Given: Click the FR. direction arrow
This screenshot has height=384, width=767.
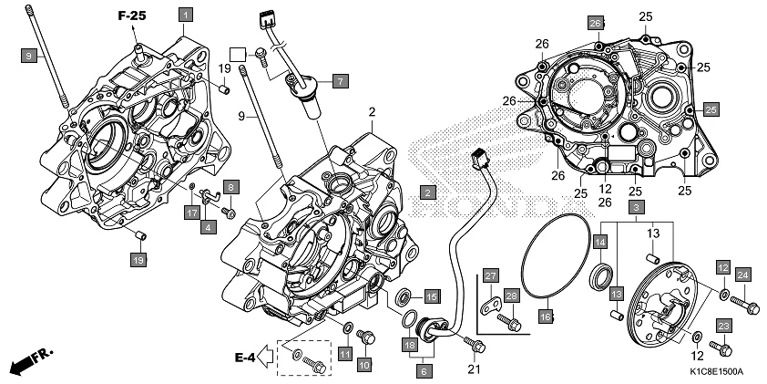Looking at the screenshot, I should (31, 361).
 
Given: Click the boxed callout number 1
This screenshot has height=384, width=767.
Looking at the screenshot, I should (185, 15).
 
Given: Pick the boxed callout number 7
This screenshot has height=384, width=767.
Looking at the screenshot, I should (339, 81).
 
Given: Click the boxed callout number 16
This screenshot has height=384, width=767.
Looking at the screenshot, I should (545, 317).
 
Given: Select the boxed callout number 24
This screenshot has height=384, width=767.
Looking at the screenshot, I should (742, 275).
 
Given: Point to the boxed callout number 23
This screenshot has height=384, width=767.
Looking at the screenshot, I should (723, 326).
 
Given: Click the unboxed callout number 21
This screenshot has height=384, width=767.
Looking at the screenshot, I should (474, 368).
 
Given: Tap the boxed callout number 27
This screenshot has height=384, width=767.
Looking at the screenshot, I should (489, 276).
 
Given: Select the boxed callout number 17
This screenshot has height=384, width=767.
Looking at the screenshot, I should (192, 212).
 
